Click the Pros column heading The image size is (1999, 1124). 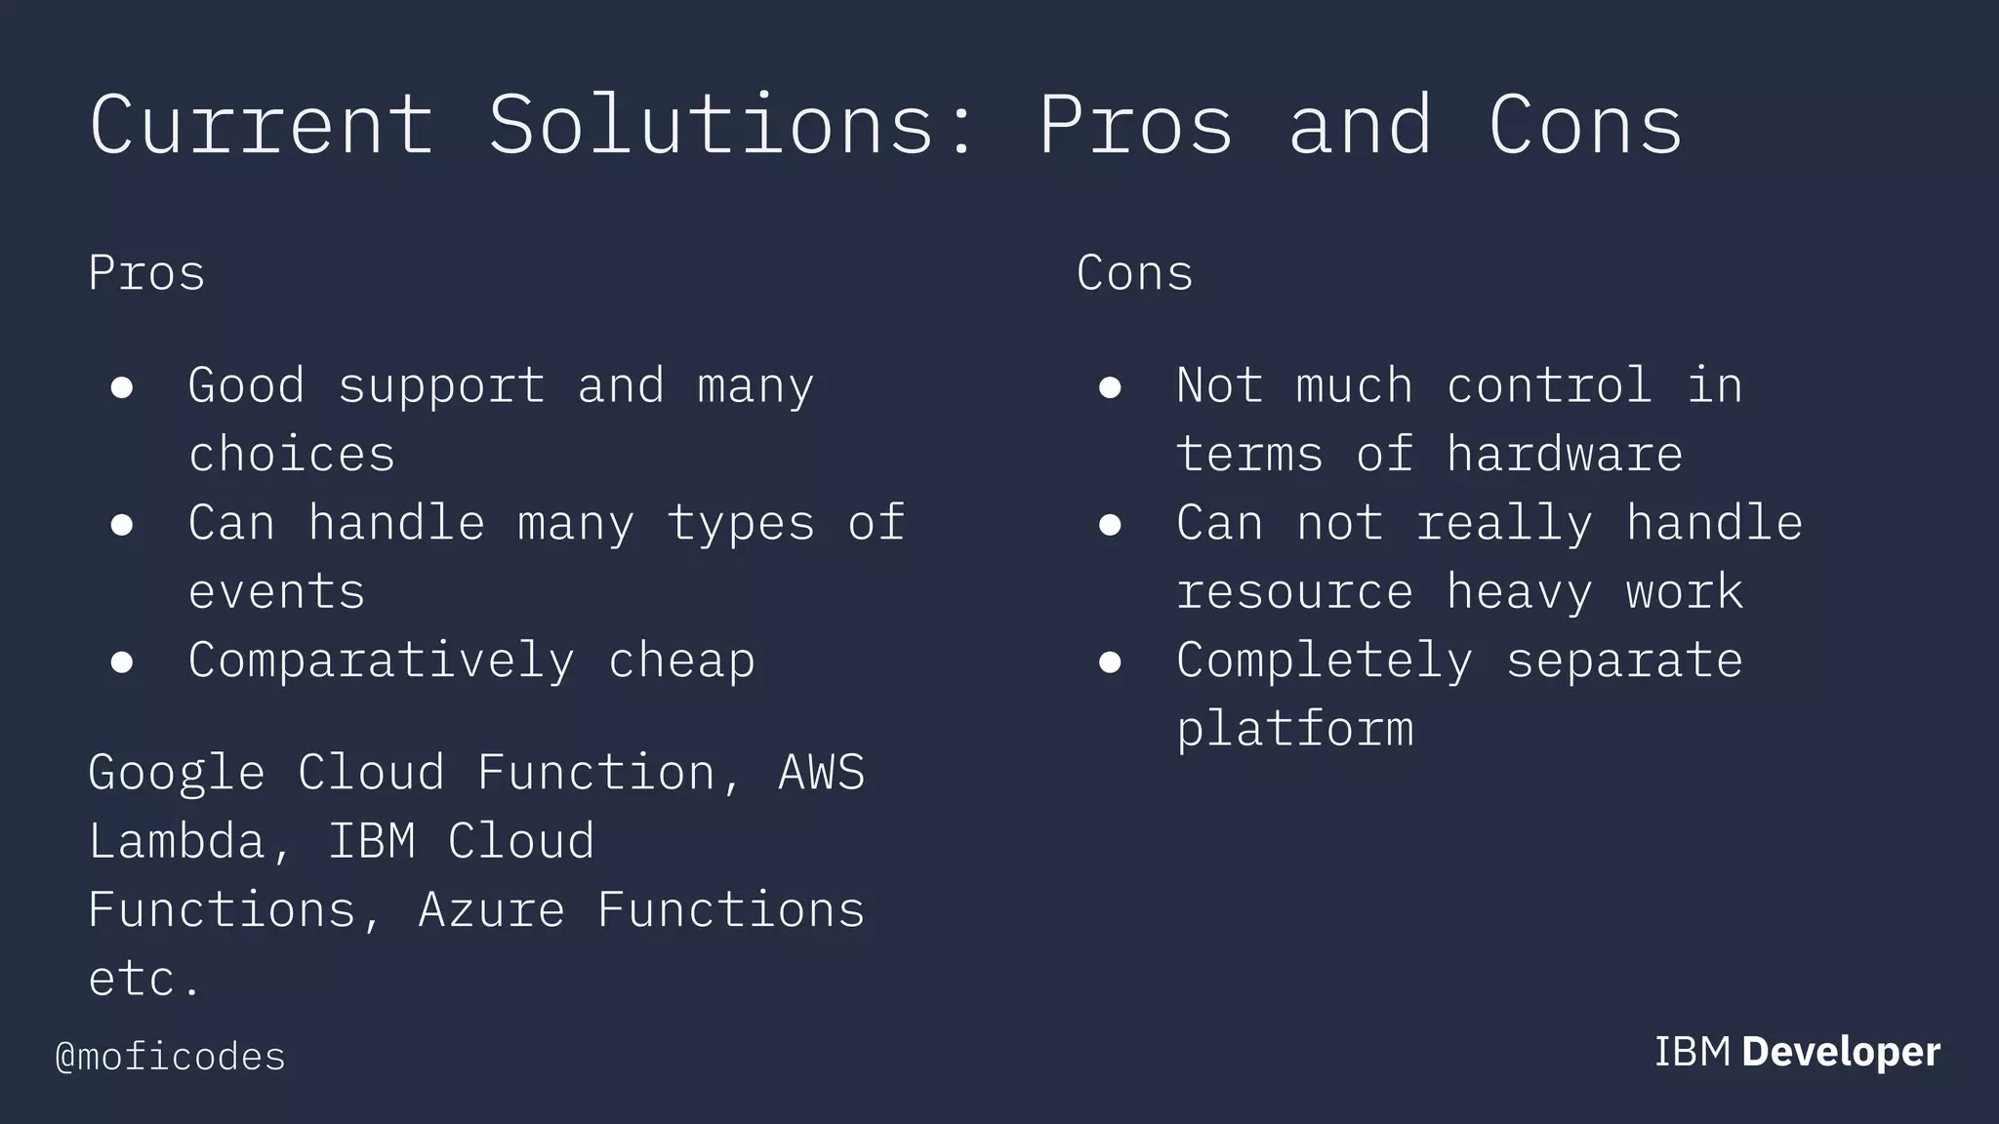click(146, 273)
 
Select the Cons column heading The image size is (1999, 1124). click(1134, 273)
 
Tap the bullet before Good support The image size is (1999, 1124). click(122, 387)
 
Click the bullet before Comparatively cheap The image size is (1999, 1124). click(122, 662)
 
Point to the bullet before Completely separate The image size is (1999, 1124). click(1110, 662)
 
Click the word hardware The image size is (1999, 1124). click(1565, 455)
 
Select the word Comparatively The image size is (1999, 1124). click(381, 662)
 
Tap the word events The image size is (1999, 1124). click(276, 592)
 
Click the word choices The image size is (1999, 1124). click(291, 455)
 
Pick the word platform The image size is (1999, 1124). click(1294, 730)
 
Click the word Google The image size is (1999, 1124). click(177, 773)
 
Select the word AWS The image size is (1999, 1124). click(821, 773)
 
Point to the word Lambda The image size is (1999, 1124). click(177, 841)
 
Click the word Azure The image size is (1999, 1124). click(491, 909)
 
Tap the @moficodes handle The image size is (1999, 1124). click(171, 1057)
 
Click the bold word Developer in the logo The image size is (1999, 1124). click(1841, 1052)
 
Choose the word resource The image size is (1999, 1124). click(1294, 592)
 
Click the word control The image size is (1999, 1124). click(1549, 385)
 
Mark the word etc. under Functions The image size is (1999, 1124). click(143, 979)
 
